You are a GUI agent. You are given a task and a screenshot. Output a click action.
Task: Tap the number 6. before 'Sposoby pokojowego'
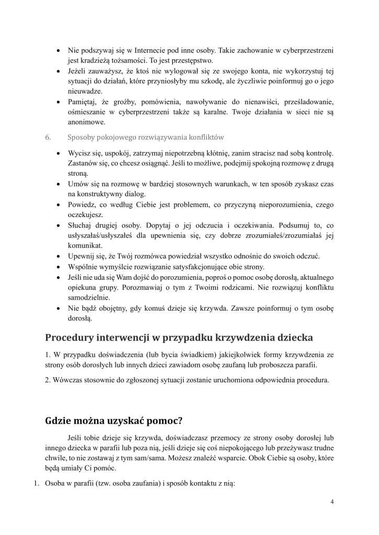coord(48,138)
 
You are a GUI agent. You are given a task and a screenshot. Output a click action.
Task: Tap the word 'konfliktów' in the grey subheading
coord(205,138)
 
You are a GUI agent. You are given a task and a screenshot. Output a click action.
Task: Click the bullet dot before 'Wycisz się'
coord(57,153)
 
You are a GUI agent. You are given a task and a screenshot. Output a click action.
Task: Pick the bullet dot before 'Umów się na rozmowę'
coord(57,184)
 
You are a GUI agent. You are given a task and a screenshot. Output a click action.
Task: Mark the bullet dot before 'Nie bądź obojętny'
coord(57,308)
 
